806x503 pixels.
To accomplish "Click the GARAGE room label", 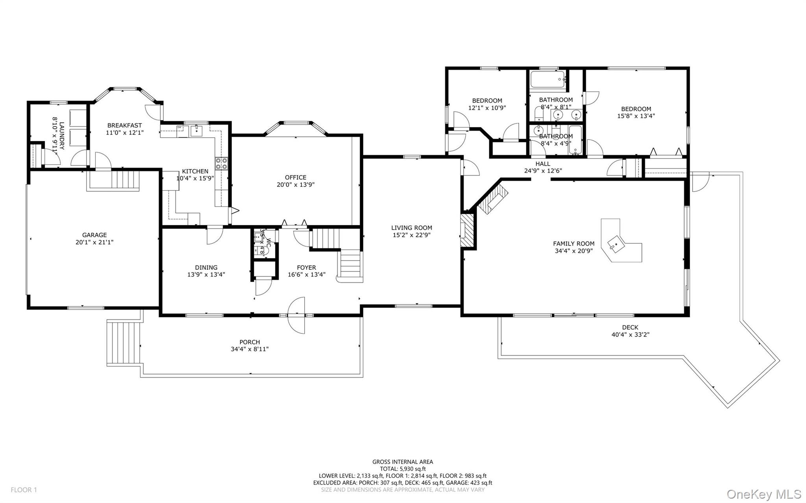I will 94,235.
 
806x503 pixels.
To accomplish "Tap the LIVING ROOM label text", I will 412,228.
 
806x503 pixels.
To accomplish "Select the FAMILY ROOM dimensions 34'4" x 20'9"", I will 573,251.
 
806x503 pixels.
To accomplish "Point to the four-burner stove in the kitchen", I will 222,163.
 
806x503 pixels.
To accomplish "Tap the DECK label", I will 630,327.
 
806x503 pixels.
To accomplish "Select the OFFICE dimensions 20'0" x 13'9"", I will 296,184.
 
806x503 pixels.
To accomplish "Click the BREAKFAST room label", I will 124,125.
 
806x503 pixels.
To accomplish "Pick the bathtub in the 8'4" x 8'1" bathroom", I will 548,79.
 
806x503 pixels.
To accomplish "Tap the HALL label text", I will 543,164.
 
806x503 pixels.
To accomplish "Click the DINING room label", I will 206,267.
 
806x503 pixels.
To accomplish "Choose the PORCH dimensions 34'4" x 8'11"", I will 250,349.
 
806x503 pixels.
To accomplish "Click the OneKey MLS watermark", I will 764,494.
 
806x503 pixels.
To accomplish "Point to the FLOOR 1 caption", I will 24,490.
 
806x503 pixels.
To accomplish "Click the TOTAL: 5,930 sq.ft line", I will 403,469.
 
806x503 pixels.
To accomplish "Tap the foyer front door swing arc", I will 296,315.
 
